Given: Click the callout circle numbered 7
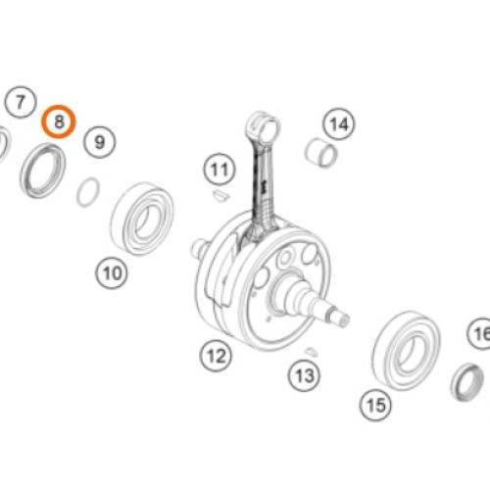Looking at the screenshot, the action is coord(21,102).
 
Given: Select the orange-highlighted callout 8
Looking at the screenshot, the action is coord(59,122).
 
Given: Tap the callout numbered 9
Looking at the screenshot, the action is coord(99,142).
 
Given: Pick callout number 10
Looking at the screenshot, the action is coord(112,273).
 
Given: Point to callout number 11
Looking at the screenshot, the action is coord(220,170).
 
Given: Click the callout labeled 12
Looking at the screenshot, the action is coord(216,356).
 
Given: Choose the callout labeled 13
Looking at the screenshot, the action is coord(304,375).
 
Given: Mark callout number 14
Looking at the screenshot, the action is coord(339,123).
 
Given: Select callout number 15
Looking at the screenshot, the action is coord(375,405).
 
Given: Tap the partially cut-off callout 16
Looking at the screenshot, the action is coord(479,334).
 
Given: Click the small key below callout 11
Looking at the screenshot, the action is coord(221,195).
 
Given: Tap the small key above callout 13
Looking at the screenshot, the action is coord(311,351).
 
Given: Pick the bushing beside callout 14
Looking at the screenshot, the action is coord(321,153).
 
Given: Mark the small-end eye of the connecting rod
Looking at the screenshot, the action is coord(263,125).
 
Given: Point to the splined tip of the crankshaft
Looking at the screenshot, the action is coord(340,317).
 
